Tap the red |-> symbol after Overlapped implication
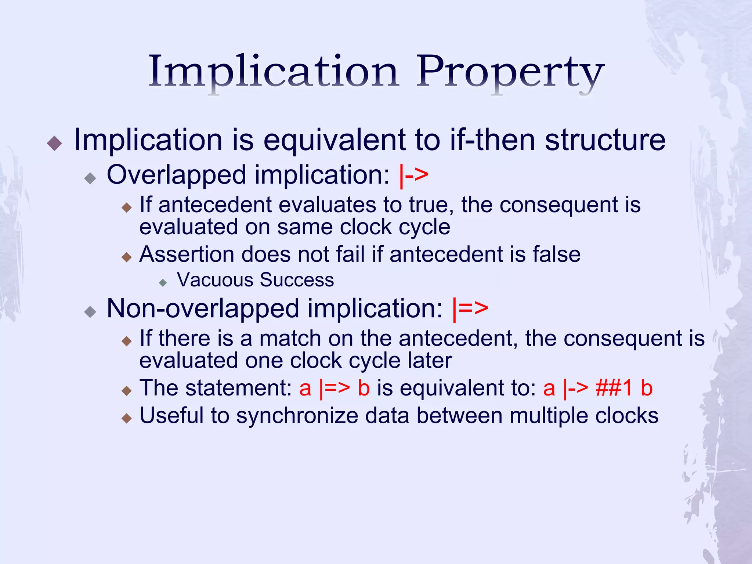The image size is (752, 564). point(414,175)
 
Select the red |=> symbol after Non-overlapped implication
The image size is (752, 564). point(470,309)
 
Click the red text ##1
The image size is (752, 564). point(614,388)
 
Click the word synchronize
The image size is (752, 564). point(297,416)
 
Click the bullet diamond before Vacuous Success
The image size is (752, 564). point(163,282)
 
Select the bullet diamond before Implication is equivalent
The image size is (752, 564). point(55,143)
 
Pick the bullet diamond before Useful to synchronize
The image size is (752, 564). point(127,418)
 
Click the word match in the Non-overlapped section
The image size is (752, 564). point(290,338)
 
